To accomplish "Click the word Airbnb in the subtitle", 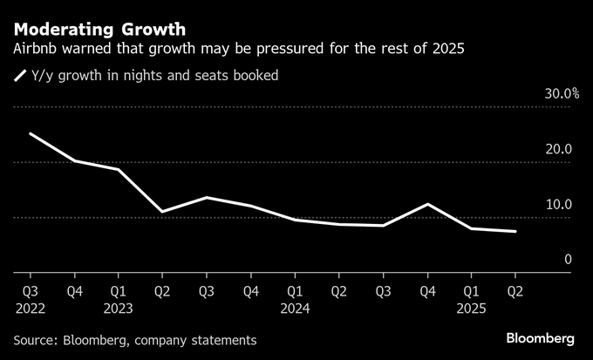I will (36, 48).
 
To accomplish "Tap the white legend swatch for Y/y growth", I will (19, 76).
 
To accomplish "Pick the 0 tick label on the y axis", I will (567, 260).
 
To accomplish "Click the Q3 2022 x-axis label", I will (30, 290).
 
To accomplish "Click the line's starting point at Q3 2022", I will (30, 133).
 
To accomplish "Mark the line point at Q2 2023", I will (162, 212).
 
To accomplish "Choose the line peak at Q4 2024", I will (427, 204).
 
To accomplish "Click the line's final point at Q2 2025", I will (515, 232).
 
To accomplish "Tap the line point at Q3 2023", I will (207, 198).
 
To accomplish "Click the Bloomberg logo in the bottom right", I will (541, 338).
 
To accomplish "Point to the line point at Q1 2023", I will (119, 169).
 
